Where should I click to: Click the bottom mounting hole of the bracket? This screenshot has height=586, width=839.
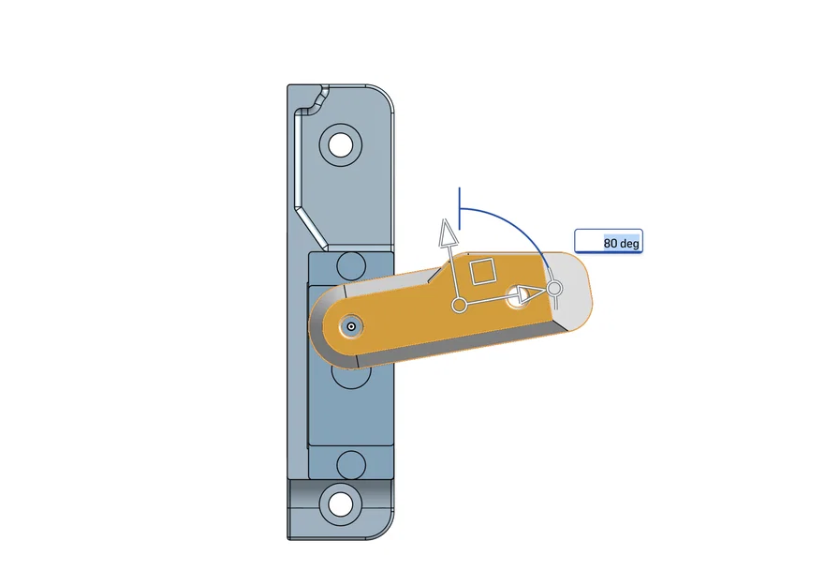click(x=340, y=503)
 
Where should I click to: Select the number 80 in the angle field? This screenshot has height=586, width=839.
click(x=611, y=244)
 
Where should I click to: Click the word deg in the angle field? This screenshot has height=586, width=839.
click(x=630, y=244)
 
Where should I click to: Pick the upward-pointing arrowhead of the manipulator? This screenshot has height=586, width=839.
click(x=449, y=231)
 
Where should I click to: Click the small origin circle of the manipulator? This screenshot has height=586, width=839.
click(x=460, y=305)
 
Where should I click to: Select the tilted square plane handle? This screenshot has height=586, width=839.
click(x=483, y=271)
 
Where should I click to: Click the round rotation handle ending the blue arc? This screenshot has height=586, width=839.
click(x=553, y=288)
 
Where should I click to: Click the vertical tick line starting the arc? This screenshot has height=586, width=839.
click(x=459, y=203)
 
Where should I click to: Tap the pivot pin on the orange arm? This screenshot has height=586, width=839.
click(x=351, y=326)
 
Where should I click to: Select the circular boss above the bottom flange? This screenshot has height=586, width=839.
click(x=350, y=463)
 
